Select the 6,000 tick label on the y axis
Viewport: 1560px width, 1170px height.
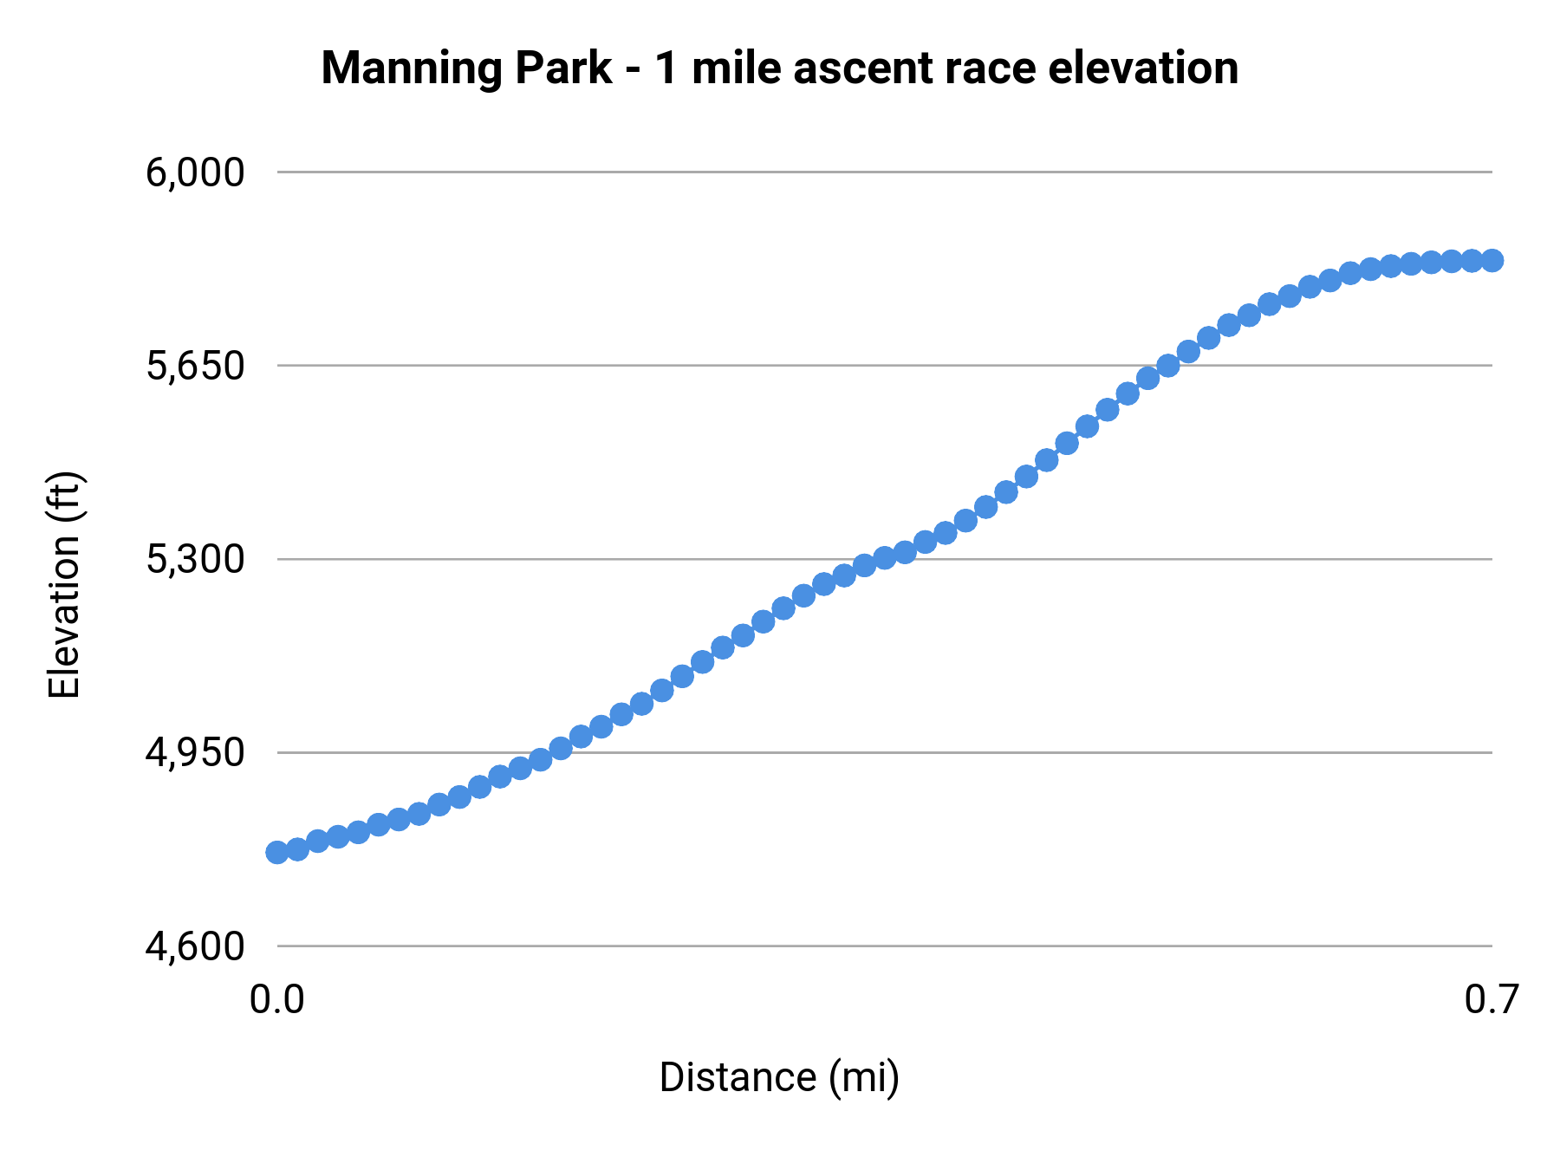[195, 172]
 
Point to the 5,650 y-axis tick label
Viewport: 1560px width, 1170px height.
[195, 366]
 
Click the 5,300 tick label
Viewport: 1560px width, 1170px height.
[195, 559]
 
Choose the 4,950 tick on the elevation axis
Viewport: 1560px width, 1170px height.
[195, 752]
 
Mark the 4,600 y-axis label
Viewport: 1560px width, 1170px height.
[195, 946]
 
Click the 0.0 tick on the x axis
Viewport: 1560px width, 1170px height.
[277, 999]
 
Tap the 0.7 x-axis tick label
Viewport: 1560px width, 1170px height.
[1492, 999]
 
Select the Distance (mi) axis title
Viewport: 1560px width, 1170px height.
[779, 1077]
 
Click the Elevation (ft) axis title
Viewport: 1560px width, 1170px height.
[64, 585]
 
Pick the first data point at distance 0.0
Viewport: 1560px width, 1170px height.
[277, 852]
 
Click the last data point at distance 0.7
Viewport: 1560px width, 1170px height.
[1492, 260]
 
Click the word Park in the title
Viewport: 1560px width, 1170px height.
[563, 68]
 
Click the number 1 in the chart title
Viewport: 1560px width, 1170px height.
[666, 68]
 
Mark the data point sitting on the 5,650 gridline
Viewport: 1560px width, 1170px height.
[1168, 366]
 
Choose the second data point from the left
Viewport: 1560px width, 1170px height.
[297, 848]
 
